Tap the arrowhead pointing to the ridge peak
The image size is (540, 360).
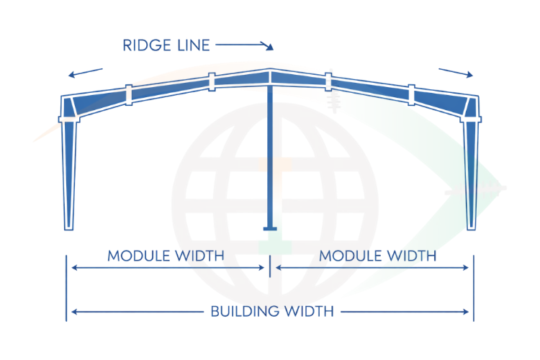(x=270, y=48)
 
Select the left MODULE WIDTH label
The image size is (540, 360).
(x=166, y=256)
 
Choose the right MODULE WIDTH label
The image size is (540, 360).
(x=377, y=256)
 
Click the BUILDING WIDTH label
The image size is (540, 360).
(x=272, y=312)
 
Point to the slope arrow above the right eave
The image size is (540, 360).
(x=456, y=72)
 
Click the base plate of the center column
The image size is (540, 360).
(x=270, y=229)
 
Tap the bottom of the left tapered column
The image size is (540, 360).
(x=69, y=225)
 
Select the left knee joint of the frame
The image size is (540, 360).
(x=69, y=107)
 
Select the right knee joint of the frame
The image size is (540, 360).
(x=471, y=107)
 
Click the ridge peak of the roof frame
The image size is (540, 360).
(x=270, y=72)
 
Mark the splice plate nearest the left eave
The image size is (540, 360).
(x=127, y=94)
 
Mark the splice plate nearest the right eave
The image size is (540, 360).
(x=412, y=94)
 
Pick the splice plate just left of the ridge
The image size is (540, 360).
(x=212, y=82)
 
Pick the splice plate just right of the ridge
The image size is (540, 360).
(x=328, y=82)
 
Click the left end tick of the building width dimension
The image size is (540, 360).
(x=67, y=312)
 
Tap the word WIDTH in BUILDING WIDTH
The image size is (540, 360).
(x=308, y=312)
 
